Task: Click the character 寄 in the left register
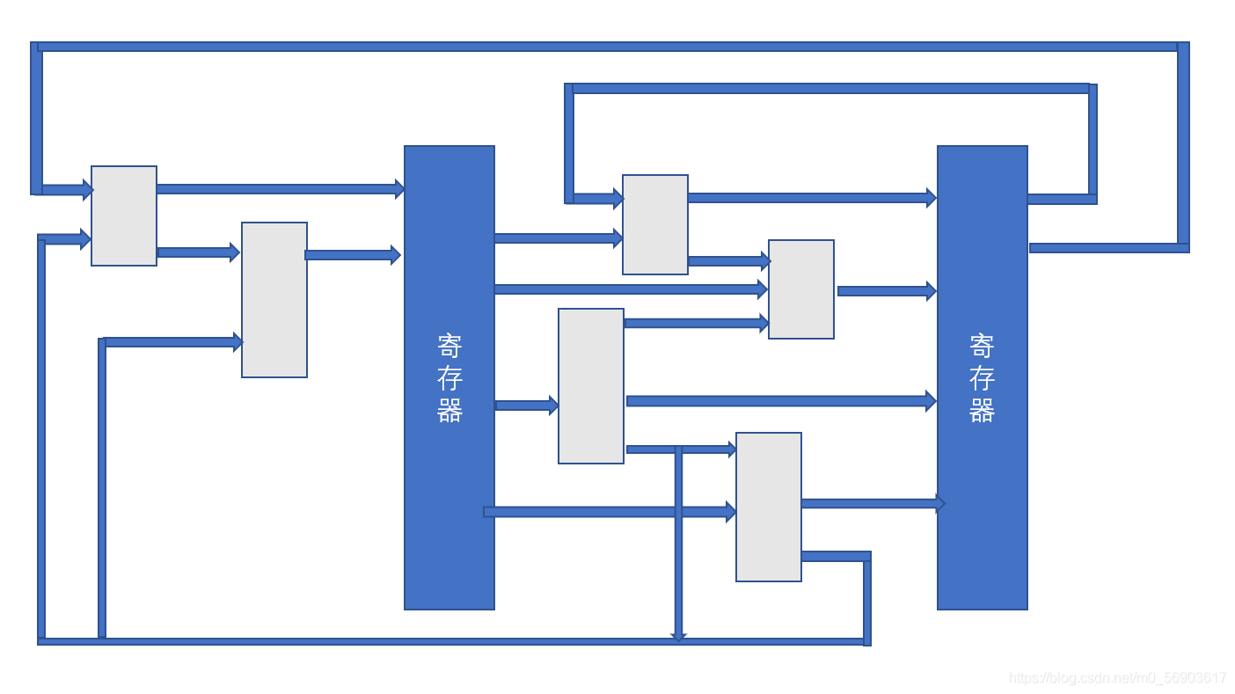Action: [x=449, y=345]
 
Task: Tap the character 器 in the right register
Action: [x=982, y=411]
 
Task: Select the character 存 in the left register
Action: [x=449, y=378]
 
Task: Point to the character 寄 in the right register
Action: [x=982, y=345]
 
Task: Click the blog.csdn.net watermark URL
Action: [x=1116, y=678]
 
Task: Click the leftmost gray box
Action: [x=124, y=216]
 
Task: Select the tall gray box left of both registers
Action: [x=274, y=300]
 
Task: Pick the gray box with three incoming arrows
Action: [x=801, y=289]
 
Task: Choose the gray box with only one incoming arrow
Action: [x=591, y=386]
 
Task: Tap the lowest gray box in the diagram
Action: [x=769, y=507]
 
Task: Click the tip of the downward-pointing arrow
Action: [x=678, y=638]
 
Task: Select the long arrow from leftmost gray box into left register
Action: [x=280, y=188]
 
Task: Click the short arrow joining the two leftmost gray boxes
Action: [x=198, y=252]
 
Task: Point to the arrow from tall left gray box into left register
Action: [x=353, y=255]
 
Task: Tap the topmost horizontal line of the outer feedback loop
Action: [x=607, y=47]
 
